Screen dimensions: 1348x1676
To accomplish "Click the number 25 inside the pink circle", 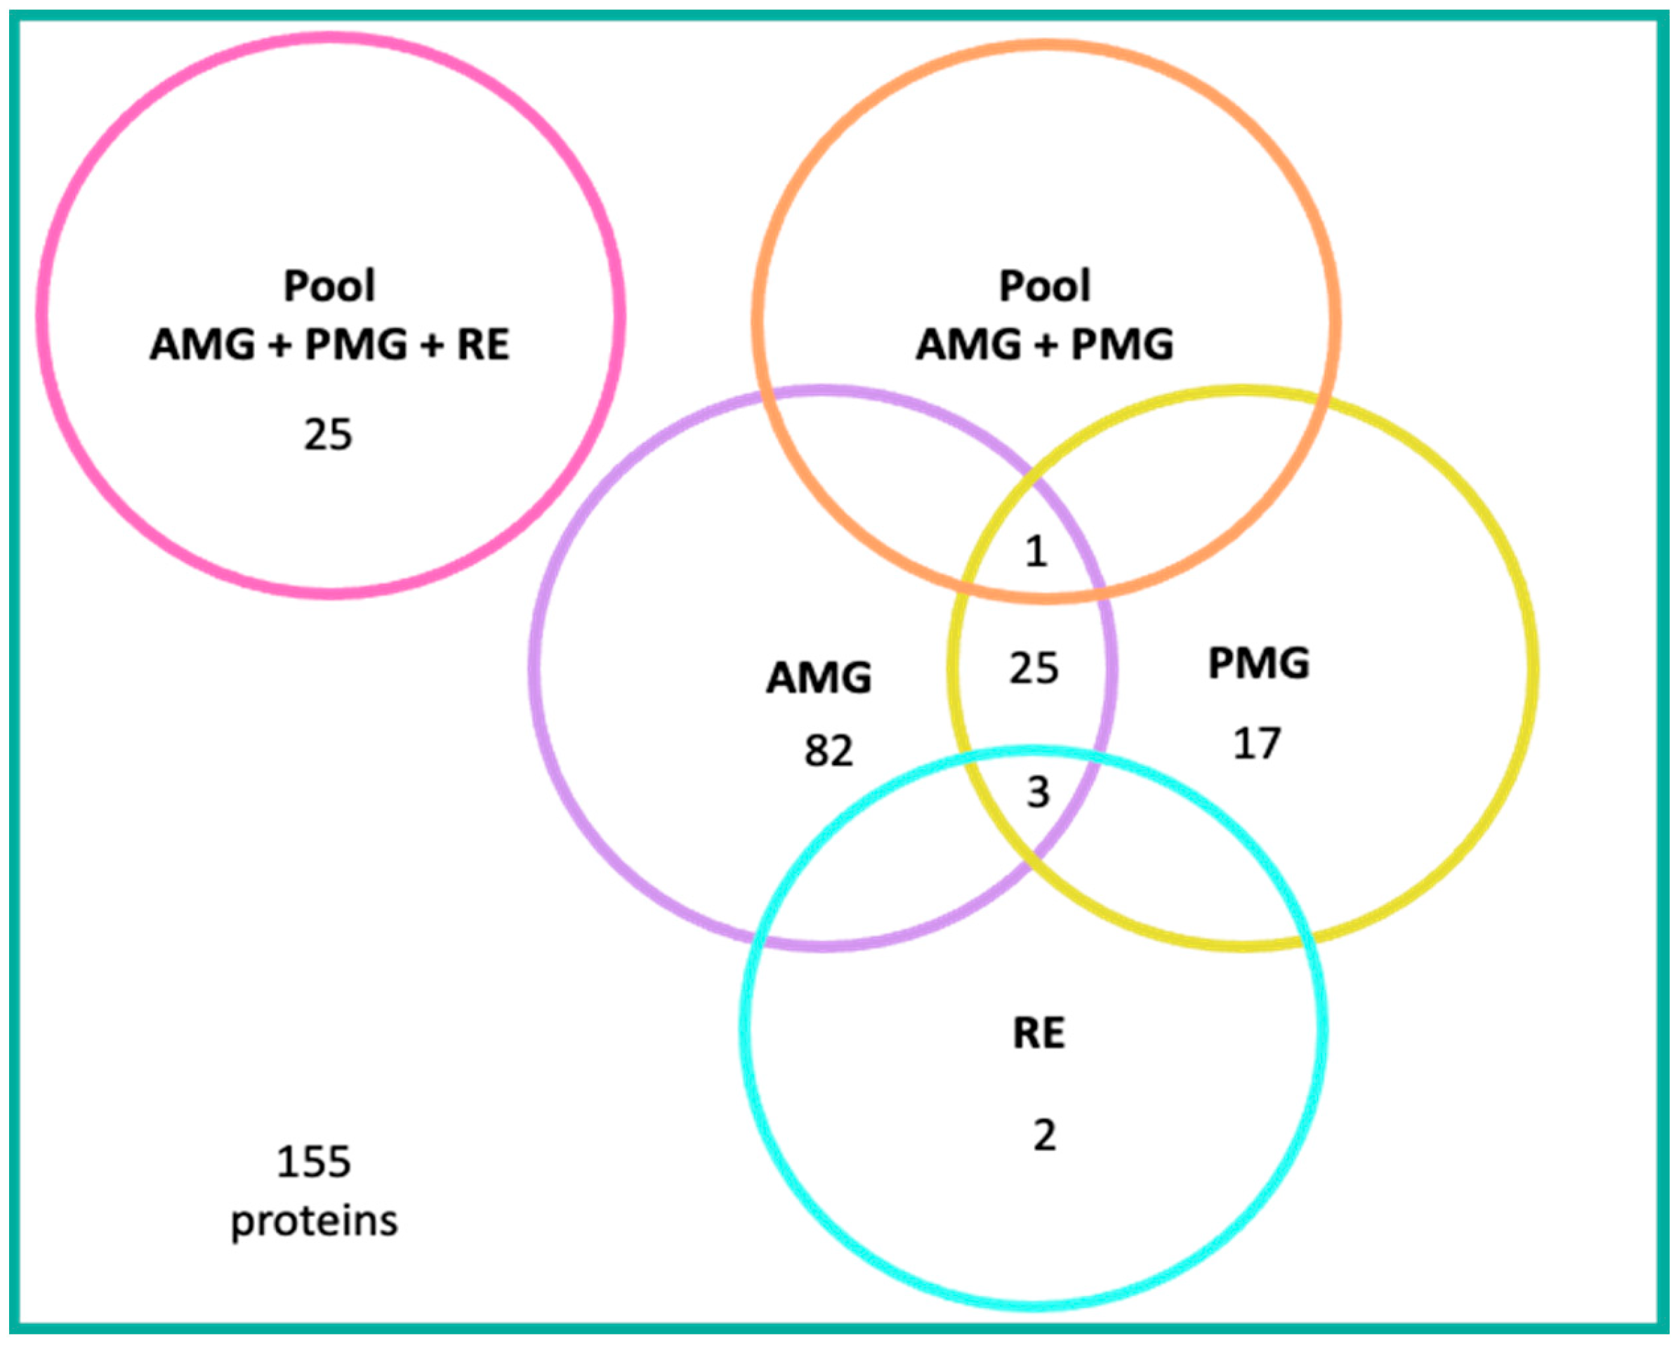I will [327, 435].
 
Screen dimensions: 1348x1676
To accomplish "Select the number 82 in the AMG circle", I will [828, 751].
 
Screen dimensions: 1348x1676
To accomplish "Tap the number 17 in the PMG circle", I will [1256, 744].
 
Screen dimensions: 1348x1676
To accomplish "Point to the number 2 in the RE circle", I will [1044, 1136].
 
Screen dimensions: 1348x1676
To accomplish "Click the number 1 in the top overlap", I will [1036, 552].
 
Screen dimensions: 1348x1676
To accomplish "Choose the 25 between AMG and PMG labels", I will [1034, 668].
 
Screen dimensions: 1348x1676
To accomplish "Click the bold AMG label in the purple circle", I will [819, 678].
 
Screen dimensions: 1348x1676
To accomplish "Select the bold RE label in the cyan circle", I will [1038, 1034].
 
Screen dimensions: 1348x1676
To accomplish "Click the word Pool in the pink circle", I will [329, 286].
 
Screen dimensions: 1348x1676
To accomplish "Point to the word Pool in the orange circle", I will [1045, 286].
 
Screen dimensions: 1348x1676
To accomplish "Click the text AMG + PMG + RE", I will [329, 345].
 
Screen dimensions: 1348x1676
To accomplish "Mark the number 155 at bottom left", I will [314, 1162].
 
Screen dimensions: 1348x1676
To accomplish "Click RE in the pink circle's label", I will [483, 345].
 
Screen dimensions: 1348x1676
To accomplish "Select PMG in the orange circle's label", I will [1122, 345].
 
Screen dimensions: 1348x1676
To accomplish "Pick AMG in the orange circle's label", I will [968, 345].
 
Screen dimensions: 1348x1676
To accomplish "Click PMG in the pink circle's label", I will [355, 345].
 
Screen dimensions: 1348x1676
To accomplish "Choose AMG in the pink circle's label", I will [202, 345].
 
